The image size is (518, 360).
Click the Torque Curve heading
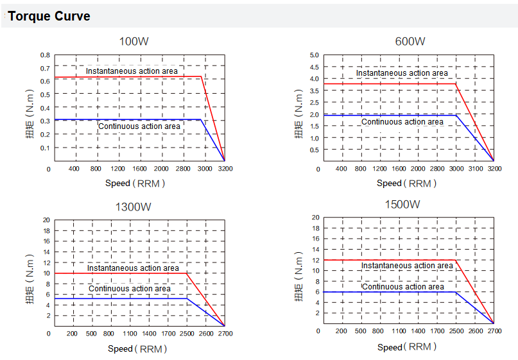click(x=49, y=16)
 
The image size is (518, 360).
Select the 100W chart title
click(x=134, y=42)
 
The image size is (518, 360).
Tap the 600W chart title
click(x=410, y=42)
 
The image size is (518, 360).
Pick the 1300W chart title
click(x=134, y=207)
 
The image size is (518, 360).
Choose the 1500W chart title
click(x=402, y=205)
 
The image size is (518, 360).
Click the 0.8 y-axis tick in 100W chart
click(x=45, y=55)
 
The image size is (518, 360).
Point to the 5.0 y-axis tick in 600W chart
click(x=315, y=55)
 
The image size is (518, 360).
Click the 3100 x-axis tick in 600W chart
click(x=475, y=169)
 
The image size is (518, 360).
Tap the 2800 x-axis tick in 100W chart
click(x=183, y=169)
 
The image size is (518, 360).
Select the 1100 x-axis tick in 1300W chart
click(x=129, y=334)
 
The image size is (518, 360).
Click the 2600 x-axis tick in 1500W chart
click(x=475, y=331)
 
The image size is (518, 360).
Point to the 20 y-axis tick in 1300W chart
click(x=46, y=220)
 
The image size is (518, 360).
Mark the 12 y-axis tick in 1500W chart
click(x=315, y=260)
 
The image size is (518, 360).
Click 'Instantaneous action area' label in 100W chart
click(x=132, y=71)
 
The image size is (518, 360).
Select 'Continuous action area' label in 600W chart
click(x=402, y=121)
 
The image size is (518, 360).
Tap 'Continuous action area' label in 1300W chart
click(x=130, y=289)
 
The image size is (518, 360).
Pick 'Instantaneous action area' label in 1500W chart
click(x=407, y=266)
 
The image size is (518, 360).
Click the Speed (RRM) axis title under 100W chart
click(x=135, y=183)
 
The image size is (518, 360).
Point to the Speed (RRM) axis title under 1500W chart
click(x=407, y=347)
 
